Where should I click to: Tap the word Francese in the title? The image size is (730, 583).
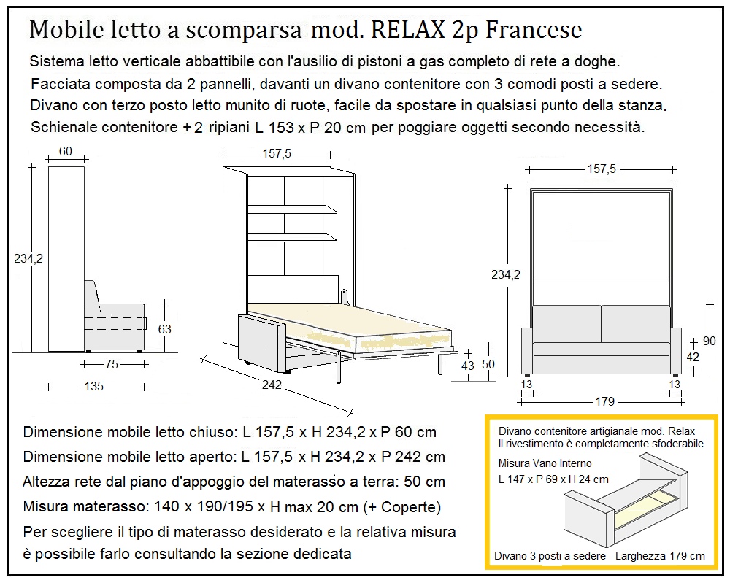click(534, 30)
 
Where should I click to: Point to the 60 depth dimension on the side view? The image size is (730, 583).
click(65, 151)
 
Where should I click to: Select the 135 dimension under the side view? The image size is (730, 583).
click(93, 386)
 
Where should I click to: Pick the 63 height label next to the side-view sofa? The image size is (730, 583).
click(165, 329)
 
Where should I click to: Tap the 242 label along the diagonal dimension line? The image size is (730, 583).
click(272, 385)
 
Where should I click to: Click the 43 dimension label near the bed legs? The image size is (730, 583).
click(468, 366)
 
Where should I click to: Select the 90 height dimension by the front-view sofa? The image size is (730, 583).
click(709, 340)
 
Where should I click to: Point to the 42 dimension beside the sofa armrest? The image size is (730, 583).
click(693, 357)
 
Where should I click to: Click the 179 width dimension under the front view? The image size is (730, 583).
click(605, 401)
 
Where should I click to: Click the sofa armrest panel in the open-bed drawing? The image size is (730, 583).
click(258, 341)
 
